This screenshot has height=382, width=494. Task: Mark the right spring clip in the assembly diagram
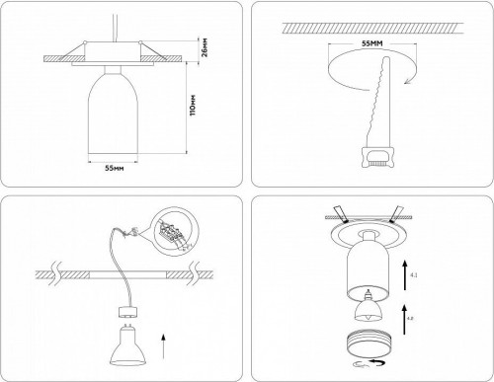click(x=398, y=210)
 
